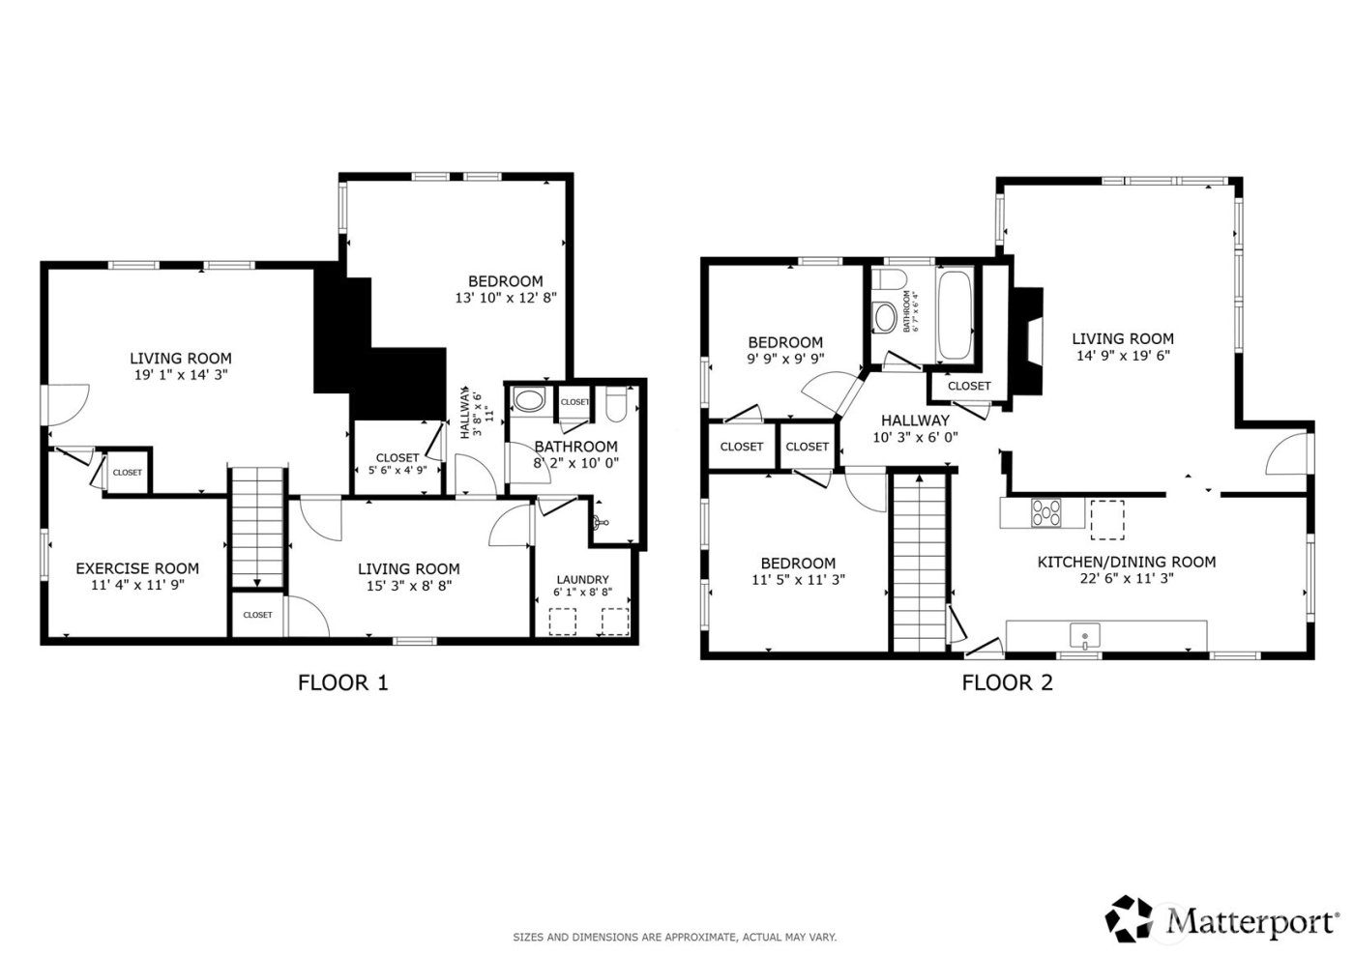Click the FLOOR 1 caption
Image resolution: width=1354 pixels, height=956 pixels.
click(x=342, y=683)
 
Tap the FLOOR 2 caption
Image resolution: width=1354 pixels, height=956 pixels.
click(x=1007, y=683)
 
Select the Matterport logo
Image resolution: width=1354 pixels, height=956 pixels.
click(x=1223, y=919)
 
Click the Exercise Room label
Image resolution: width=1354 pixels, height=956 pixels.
click(x=137, y=568)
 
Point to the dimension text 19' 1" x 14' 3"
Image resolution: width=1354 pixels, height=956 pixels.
click(x=181, y=374)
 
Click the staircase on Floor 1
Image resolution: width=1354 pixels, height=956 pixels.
click(x=258, y=528)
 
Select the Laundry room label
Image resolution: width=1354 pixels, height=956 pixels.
click(x=582, y=580)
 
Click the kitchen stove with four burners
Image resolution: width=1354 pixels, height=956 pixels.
click(x=1045, y=511)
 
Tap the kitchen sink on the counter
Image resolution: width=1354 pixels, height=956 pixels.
click(x=1085, y=636)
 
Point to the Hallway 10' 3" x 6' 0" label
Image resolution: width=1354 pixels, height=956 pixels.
click(x=915, y=428)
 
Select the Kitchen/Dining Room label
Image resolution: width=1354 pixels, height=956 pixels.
click(x=1126, y=562)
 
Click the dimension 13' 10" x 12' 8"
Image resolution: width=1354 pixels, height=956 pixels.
click(x=506, y=299)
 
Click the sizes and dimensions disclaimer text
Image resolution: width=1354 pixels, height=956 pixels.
click(x=674, y=938)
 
